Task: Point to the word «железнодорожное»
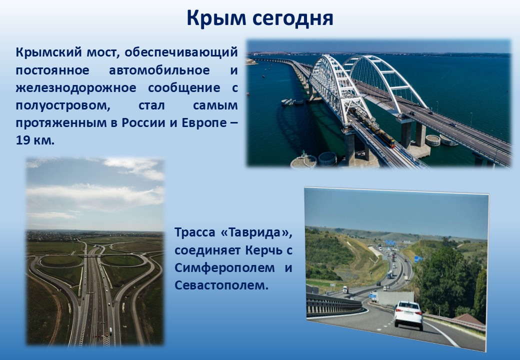76,88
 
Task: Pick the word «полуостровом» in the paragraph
63,105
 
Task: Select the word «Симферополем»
224,267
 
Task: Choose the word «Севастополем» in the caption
221,285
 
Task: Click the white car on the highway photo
408,315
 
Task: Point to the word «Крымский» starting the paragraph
48,52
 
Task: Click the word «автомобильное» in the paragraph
159,70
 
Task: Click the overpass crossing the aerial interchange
93,255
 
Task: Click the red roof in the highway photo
469,319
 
